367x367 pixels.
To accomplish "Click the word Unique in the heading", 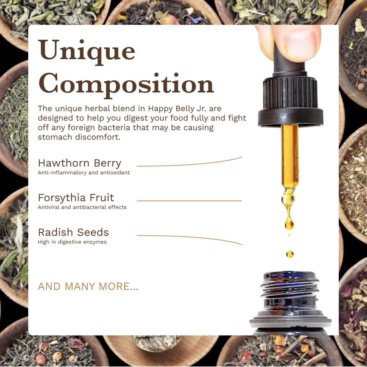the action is (87, 52).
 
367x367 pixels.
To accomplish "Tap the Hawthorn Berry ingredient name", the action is (80, 163).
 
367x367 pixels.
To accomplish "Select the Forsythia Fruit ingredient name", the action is (76, 198).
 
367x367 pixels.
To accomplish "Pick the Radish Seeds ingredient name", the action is (73, 232).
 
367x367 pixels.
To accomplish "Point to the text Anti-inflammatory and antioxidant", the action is (84, 173).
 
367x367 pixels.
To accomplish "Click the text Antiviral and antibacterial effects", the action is (82, 207).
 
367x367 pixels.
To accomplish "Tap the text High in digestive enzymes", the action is (72, 242).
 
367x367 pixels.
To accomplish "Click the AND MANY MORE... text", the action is (88, 286).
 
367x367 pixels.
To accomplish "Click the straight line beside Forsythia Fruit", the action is (189, 201).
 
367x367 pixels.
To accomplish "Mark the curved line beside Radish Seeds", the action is (189, 237).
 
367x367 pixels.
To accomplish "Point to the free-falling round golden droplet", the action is (290, 254).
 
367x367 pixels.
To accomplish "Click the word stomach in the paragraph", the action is (55, 137).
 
